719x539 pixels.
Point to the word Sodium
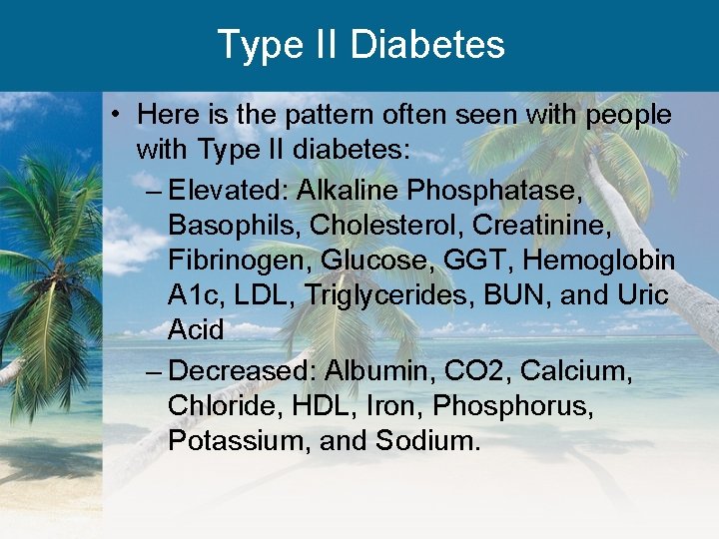click(428, 441)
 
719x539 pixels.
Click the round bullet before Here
click(118, 116)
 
